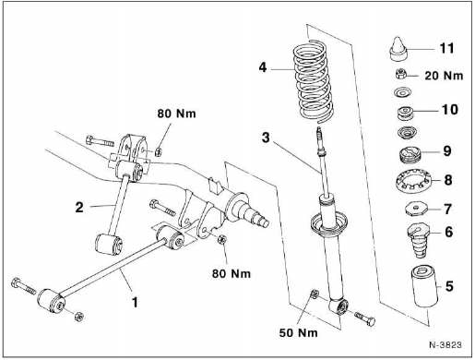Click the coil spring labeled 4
click(313, 80)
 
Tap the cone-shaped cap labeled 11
click(398, 49)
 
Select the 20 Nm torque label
click(444, 76)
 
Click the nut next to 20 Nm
click(401, 74)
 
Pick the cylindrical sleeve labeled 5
click(425, 287)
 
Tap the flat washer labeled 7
click(416, 210)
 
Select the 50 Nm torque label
click(298, 333)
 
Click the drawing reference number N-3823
click(445, 344)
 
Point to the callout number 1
click(135, 302)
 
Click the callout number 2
click(79, 208)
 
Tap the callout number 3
click(266, 138)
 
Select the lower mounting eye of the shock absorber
click(339, 306)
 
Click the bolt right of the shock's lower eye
click(365, 318)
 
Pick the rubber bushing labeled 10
click(405, 113)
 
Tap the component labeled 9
click(410, 155)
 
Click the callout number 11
click(446, 48)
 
